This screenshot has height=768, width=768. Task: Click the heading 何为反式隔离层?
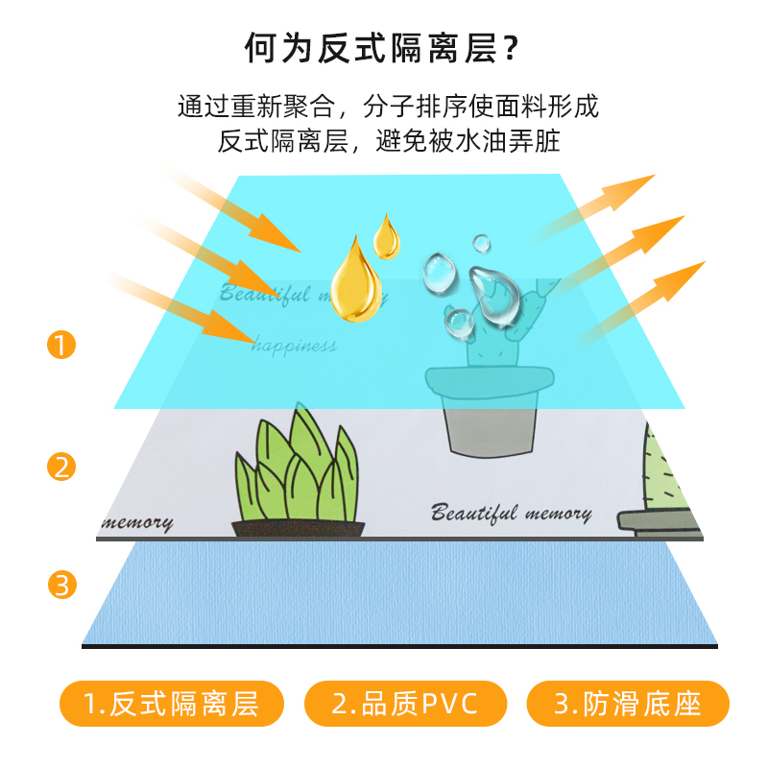(384, 47)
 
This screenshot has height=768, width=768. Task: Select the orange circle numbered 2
(61, 468)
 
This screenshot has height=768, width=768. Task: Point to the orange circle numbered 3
(61, 585)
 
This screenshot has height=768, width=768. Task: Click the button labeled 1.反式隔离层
(172, 705)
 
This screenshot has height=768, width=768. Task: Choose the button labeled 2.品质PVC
(404, 705)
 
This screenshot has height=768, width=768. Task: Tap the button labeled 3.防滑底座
(628, 705)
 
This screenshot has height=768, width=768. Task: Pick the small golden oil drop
(387, 237)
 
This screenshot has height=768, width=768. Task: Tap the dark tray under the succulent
(299, 527)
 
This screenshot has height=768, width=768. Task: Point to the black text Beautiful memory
(511, 512)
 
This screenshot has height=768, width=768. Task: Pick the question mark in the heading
(512, 47)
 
